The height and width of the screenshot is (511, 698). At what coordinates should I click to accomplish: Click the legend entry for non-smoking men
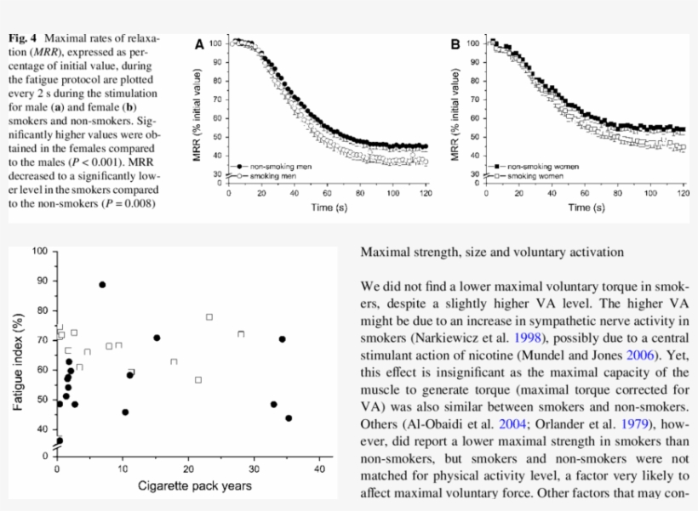pyautogui.click(x=272, y=167)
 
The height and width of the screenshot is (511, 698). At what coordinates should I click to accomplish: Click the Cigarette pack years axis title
pyautogui.click(x=195, y=486)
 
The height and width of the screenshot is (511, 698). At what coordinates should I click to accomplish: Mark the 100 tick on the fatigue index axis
pyautogui.click(x=39, y=251)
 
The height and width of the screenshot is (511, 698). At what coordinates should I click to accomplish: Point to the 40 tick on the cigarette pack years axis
pyautogui.click(x=320, y=468)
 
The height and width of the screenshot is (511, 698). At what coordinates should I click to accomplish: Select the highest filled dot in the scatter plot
pyautogui.click(x=102, y=285)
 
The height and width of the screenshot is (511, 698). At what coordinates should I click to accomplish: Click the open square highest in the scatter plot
pyautogui.click(x=209, y=317)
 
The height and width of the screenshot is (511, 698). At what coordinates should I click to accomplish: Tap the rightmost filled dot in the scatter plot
pyautogui.click(x=289, y=417)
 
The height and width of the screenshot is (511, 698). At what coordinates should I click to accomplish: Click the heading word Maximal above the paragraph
pyautogui.click(x=387, y=252)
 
